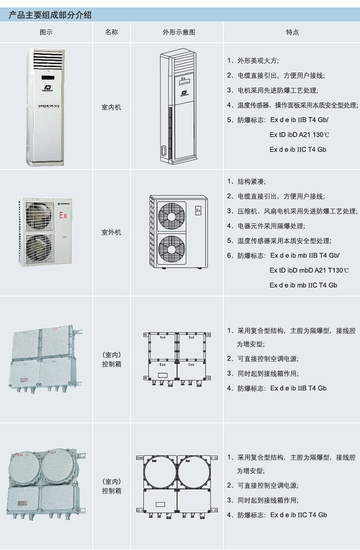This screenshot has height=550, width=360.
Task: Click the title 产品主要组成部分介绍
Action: [x=50, y=15]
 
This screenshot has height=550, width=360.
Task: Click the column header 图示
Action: [x=46, y=32]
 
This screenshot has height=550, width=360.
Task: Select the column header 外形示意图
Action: [x=179, y=32]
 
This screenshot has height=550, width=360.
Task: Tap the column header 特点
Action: [x=292, y=32]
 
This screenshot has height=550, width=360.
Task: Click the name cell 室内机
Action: [x=112, y=108]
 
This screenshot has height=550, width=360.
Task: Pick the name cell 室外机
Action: [x=112, y=232]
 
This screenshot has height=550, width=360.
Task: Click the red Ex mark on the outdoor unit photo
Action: [x=63, y=215]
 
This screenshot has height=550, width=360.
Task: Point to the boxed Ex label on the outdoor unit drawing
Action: [x=198, y=211]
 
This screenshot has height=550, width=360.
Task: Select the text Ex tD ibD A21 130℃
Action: [x=299, y=135]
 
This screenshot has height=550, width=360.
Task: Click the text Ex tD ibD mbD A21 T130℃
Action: [x=309, y=270]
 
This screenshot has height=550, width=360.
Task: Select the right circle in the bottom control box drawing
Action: [x=194, y=471]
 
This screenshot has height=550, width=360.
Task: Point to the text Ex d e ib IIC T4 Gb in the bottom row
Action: [x=298, y=514]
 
